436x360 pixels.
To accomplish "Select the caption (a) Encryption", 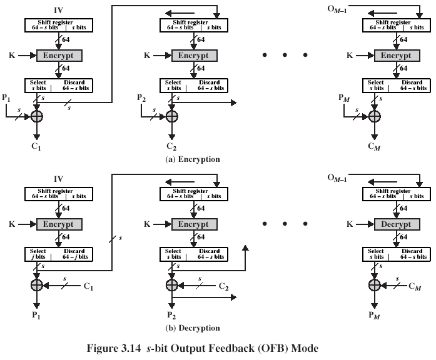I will coord(193,159).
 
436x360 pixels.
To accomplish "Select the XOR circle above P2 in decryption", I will coord(172,285).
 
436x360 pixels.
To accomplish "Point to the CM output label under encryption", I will coord(374,147).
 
